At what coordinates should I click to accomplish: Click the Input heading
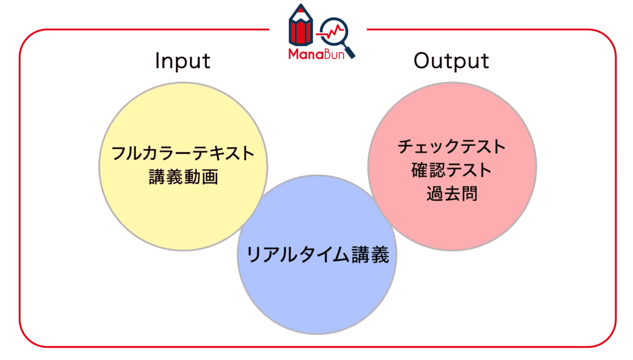tap(182, 61)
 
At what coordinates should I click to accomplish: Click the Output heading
tap(451, 61)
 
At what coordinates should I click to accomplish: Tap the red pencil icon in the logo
tap(301, 28)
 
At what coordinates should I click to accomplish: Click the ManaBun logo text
tap(316, 54)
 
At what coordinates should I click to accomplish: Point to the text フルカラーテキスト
tap(183, 153)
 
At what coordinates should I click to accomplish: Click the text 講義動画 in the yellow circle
tap(183, 177)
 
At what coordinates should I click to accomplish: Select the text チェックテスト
tap(452, 147)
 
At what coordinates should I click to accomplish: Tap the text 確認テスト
tap(452, 170)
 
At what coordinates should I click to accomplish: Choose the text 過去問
tap(452, 193)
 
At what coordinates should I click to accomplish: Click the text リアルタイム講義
tap(317, 255)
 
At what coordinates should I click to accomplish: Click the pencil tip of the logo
tap(301, 8)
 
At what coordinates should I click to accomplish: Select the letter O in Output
tap(422, 61)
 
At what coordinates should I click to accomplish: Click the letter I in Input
tap(157, 61)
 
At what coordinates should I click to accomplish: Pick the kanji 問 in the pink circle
tap(469, 193)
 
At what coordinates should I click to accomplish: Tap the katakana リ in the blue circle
tap(253, 255)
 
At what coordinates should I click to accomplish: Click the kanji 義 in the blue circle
tap(380, 255)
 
